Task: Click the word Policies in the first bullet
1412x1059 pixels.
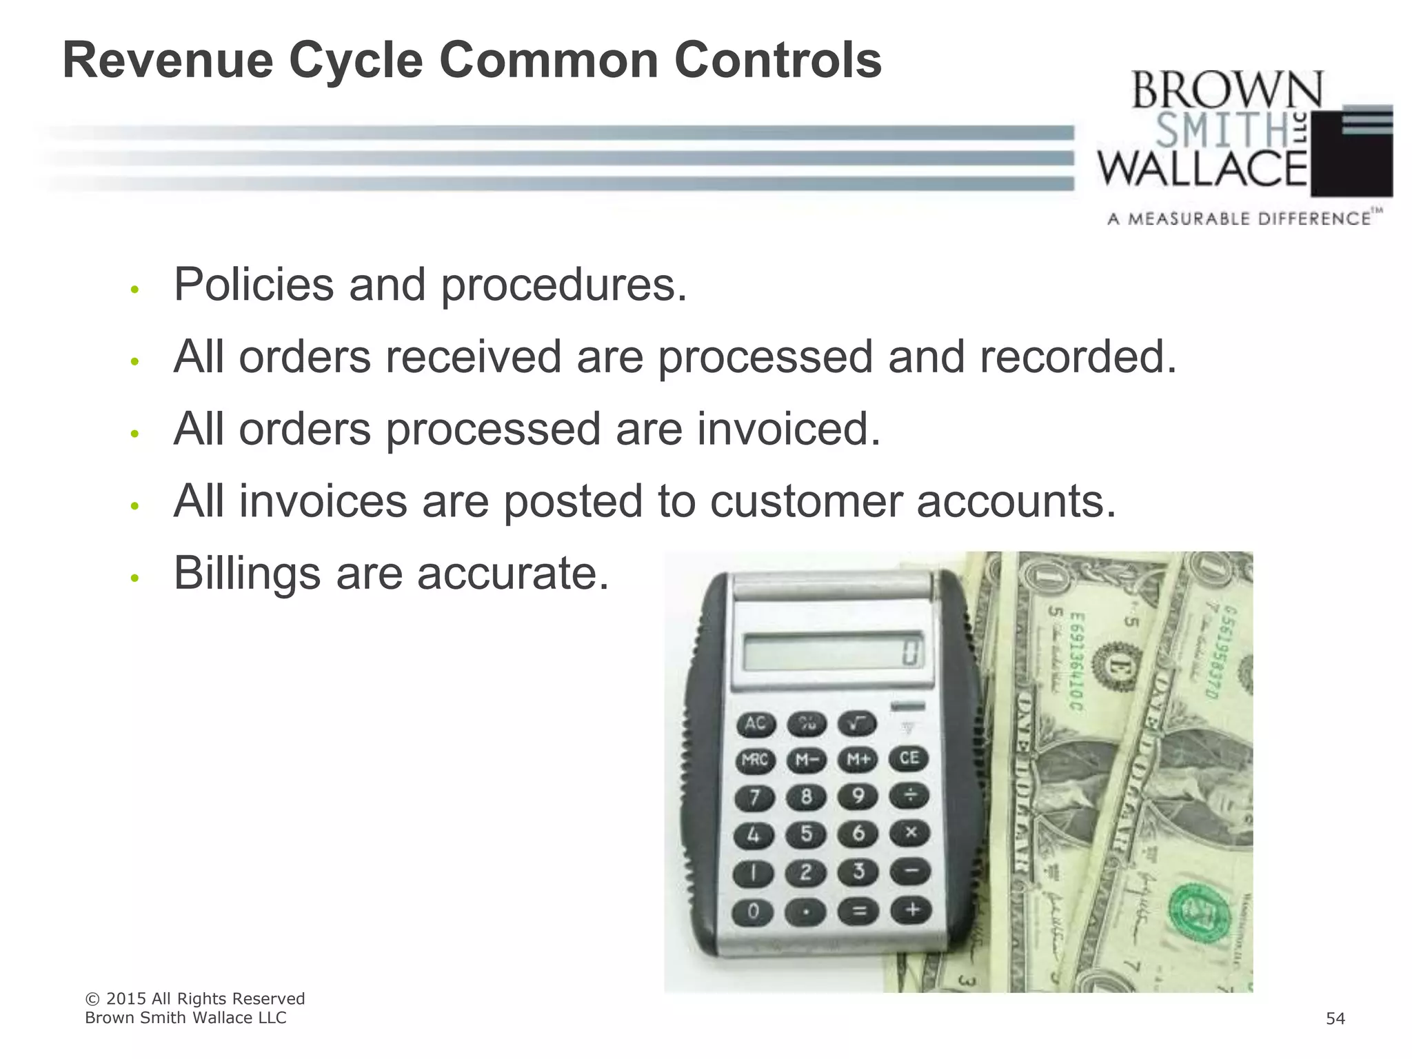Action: pos(253,285)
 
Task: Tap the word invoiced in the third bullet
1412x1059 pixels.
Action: pos(789,429)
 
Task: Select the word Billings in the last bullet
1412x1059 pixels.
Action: pos(247,574)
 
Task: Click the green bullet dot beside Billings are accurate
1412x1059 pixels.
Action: pos(135,578)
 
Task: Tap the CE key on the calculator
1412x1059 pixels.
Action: pos(909,759)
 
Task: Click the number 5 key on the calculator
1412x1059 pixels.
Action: pos(805,834)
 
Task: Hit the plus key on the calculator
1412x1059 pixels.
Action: pos(911,910)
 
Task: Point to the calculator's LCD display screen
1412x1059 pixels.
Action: pos(834,651)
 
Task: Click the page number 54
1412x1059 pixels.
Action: pos(1335,1019)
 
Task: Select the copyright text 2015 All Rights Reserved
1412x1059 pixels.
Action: pos(205,999)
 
